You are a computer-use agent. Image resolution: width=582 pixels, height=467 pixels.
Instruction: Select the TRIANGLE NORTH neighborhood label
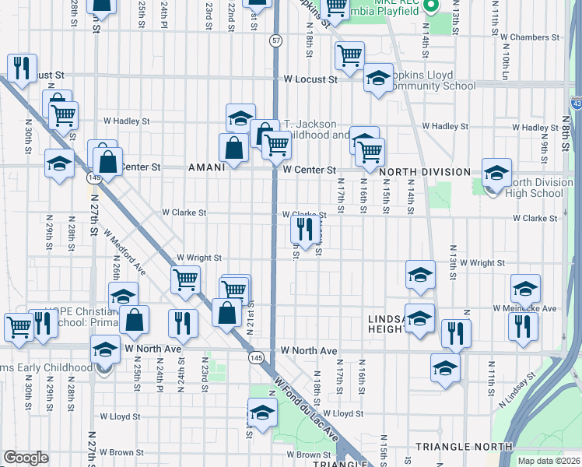464,447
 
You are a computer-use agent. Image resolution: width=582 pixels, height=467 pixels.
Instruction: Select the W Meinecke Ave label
525,308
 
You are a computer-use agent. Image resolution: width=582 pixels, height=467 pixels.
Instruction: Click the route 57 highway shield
276,39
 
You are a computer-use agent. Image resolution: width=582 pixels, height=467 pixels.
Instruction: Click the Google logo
26,458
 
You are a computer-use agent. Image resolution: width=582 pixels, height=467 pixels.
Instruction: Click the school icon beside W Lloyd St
262,412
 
